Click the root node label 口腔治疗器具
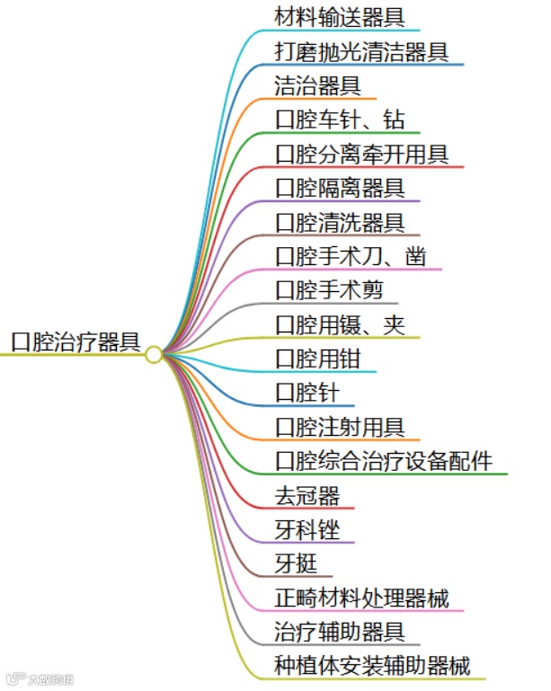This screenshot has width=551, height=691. [76, 342]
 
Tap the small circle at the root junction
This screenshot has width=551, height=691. [154, 355]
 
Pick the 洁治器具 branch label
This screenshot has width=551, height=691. [318, 85]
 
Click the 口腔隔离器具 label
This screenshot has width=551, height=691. [340, 188]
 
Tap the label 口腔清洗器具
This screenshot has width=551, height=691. [340, 222]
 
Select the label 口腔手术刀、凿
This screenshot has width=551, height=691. [351, 257]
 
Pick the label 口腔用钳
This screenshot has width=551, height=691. [318, 359]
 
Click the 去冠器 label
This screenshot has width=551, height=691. [307, 495]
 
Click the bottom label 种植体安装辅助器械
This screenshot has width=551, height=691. [372, 666]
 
